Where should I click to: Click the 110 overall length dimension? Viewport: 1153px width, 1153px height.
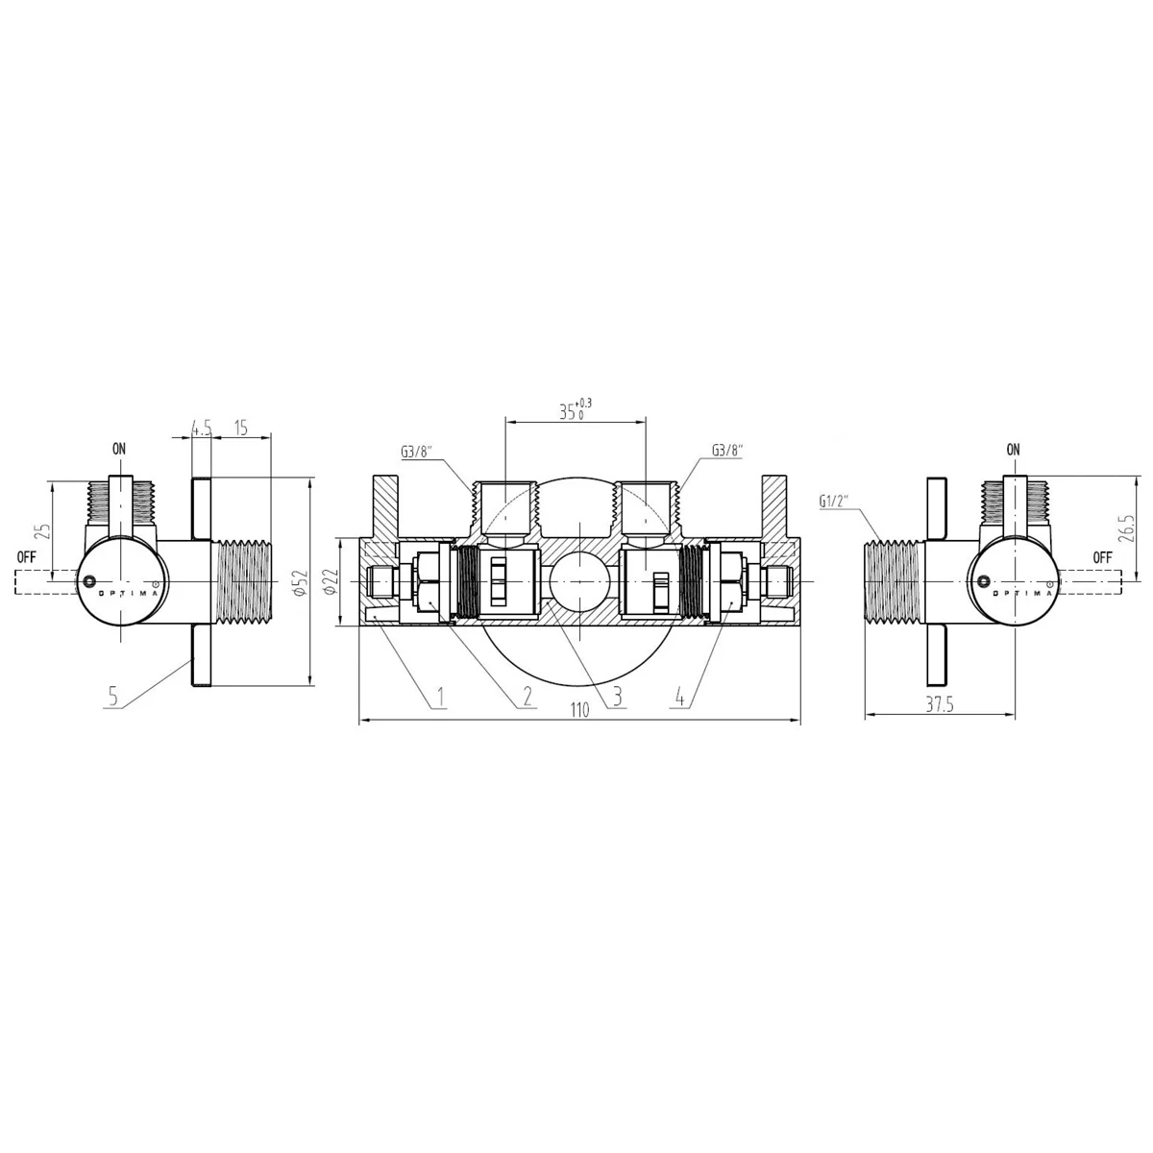(579, 710)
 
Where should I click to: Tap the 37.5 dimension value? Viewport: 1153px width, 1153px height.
(940, 705)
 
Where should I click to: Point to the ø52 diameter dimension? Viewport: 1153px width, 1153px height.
(301, 582)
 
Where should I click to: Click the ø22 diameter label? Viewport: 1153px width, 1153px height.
(332, 581)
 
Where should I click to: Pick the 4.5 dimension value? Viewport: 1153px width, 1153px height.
(202, 428)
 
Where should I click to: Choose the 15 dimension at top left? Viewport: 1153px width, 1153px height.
(240, 428)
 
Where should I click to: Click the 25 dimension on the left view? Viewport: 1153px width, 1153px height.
(43, 531)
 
